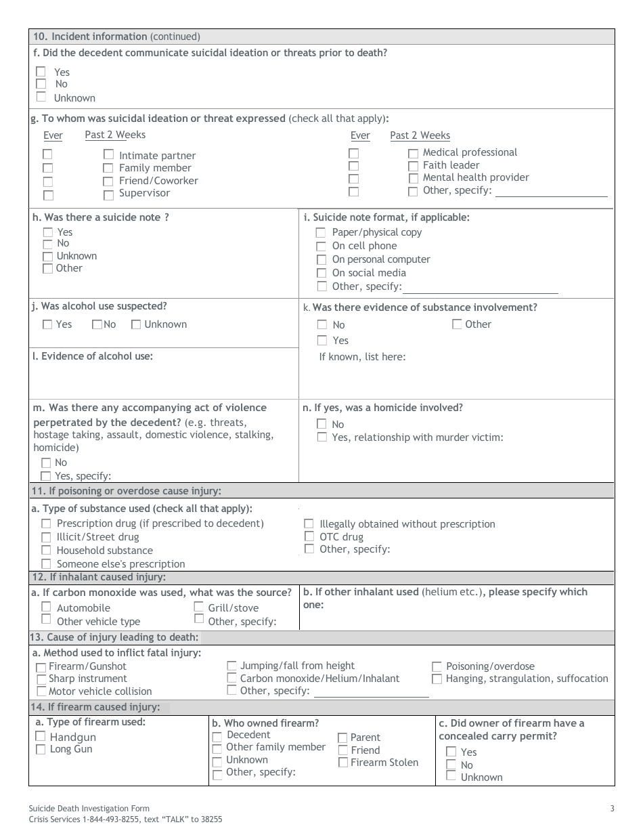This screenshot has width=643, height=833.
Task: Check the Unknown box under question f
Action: click(x=41, y=97)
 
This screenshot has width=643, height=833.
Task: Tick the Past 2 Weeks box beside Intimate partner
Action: click(x=108, y=154)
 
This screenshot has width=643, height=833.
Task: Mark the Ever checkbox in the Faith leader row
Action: click(x=353, y=166)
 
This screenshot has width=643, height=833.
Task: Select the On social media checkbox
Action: click(x=321, y=273)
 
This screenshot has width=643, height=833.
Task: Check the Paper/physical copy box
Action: click(x=321, y=232)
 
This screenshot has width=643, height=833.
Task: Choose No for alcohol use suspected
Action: click(x=97, y=324)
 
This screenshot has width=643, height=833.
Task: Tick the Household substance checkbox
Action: click(x=46, y=551)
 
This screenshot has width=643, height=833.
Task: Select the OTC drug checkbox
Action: click(x=309, y=536)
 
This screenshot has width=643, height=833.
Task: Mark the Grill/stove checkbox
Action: click(x=199, y=607)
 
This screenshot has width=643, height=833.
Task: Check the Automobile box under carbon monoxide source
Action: click(x=46, y=607)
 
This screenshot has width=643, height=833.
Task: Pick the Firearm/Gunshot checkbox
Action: click(x=41, y=667)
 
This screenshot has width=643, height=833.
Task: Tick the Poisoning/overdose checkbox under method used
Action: click(x=437, y=666)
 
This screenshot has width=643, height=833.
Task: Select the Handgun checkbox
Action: click(x=41, y=736)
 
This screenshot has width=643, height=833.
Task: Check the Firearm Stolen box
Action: click(x=343, y=763)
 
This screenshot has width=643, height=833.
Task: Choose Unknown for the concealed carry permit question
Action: click(x=451, y=776)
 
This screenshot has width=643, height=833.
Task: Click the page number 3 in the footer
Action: click(x=612, y=808)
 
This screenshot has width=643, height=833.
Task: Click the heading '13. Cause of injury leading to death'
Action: click(x=115, y=637)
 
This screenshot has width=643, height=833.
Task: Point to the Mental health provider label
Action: click(x=476, y=177)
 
